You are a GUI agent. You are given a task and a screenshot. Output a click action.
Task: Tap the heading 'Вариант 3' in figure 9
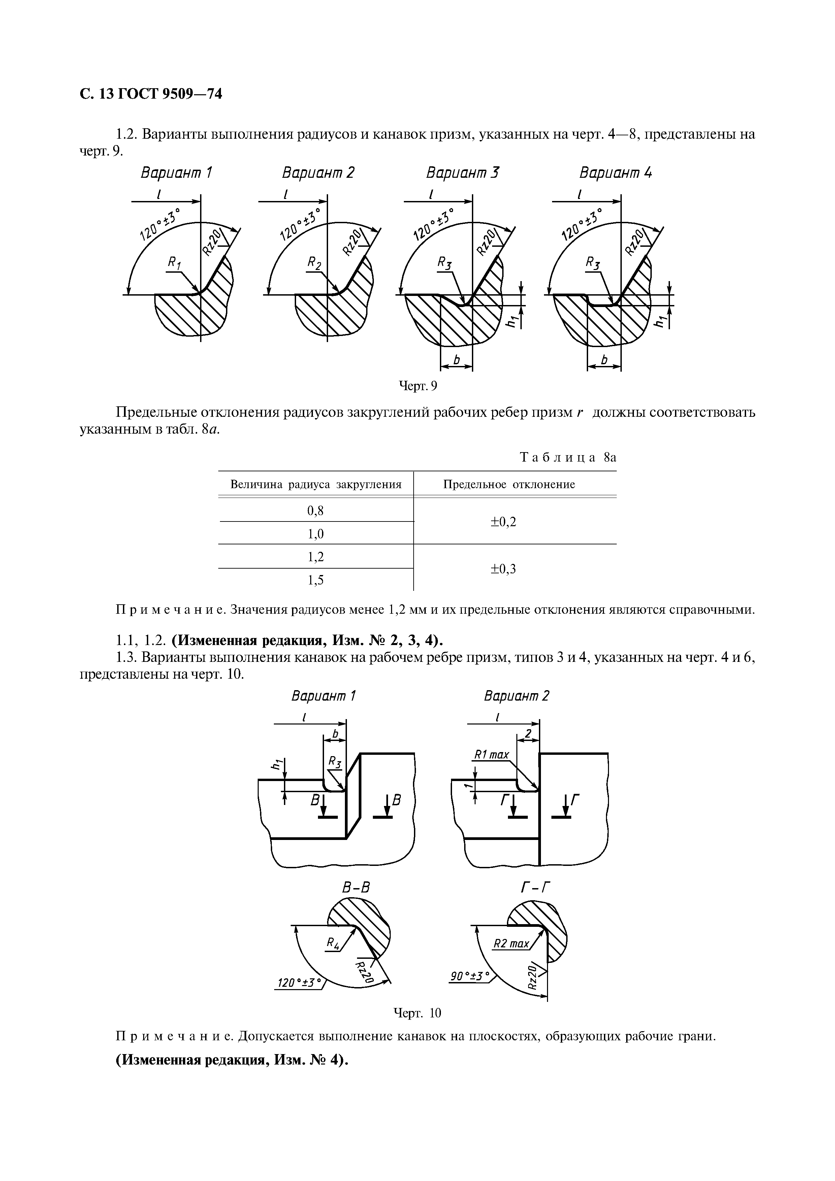coord(462,173)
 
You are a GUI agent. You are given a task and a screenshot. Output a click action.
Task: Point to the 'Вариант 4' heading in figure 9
coord(615,173)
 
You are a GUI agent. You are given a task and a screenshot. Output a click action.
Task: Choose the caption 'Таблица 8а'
coord(568,457)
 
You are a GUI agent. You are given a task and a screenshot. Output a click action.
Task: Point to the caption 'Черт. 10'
coord(417,1013)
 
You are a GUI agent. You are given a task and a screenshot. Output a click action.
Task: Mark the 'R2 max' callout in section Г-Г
coord(511,944)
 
